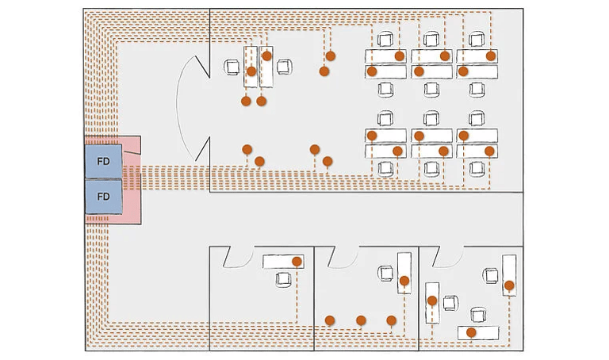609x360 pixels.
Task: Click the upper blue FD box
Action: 104,161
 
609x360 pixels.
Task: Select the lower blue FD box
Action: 104,197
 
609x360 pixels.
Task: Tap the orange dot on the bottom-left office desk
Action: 297,262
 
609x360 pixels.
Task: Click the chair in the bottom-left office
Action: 283,279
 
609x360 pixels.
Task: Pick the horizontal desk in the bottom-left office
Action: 283,262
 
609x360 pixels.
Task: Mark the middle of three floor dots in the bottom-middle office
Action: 361,320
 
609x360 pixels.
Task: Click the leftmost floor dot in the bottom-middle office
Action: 330,320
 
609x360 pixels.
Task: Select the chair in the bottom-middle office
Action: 385,273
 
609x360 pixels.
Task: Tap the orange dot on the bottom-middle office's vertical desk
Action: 404,281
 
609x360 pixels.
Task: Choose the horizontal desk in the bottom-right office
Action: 478,333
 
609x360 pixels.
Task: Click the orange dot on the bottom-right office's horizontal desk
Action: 471,332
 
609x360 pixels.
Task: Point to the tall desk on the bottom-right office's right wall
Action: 509,275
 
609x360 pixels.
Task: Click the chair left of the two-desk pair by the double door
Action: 232,67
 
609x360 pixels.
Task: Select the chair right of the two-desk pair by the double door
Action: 285,67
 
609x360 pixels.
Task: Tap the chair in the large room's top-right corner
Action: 477,39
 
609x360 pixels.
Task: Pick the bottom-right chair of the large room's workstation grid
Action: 477,169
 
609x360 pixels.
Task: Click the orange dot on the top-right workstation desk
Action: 491,56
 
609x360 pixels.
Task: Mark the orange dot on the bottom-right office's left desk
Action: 432,301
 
